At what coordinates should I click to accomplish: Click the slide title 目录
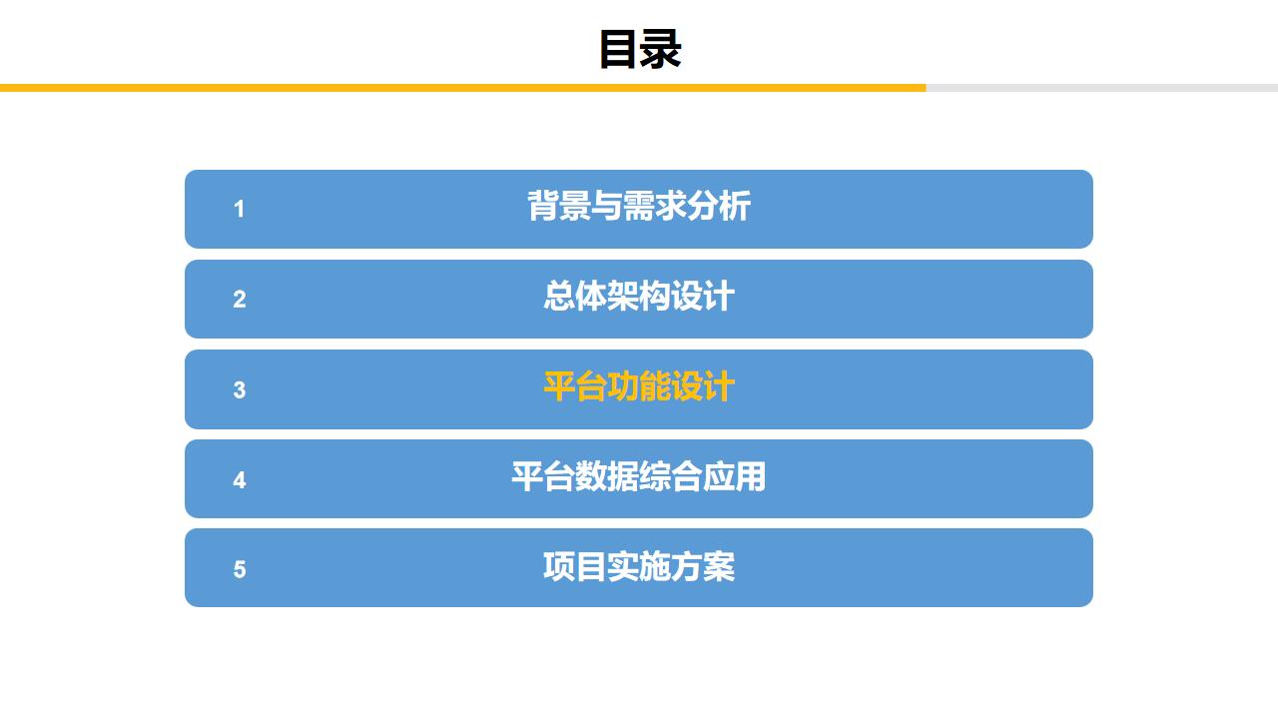pyautogui.click(x=639, y=49)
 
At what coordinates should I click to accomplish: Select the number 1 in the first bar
pyautogui.click(x=239, y=209)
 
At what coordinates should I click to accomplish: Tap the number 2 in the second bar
pyautogui.click(x=239, y=300)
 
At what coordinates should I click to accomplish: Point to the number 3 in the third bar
pyautogui.click(x=239, y=389)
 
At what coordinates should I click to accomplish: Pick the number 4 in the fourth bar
pyautogui.click(x=239, y=480)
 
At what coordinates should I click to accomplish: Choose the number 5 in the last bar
pyautogui.click(x=239, y=569)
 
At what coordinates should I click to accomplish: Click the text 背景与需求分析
pyautogui.click(x=639, y=207)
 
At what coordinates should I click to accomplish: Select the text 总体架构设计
pyautogui.click(x=639, y=297)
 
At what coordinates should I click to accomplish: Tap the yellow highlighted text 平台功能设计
pyautogui.click(x=639, y=386)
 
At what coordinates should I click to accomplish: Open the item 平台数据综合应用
pyautogui.click(x=639, y=476)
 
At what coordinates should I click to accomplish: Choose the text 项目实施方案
pyautogui.click(x=639, y=566)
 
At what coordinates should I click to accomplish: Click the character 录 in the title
pyautogui.click(x=660, y=49)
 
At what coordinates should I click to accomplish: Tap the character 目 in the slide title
pyautogui.click(x=618, y=49)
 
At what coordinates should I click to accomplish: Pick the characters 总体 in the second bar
pyautogui.click(x=575, y=297)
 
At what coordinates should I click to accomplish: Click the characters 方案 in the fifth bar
pyautogui.click(x=703, y=566)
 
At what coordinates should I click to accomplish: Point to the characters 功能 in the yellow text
pyautogui.click(x=639, y=386)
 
